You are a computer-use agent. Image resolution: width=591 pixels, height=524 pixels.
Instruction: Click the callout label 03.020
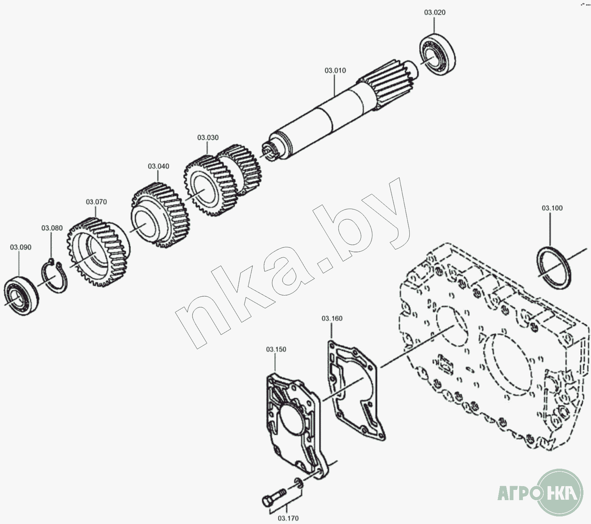click(434, 13)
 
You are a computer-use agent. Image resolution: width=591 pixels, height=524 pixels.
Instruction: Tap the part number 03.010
click(335, 70)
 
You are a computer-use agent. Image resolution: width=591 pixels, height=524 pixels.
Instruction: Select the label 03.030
click(208, 138)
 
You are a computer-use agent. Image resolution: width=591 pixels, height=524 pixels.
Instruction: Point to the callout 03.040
click(159, 166)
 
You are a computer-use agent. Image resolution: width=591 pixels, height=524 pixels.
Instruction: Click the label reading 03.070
click(96, 202)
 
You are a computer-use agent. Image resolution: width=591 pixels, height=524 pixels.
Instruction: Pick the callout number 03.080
click(52, 228)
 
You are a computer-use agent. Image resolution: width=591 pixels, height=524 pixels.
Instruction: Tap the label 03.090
click(20, 247)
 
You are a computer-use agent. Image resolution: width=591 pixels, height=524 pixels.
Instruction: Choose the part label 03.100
click(552, 208)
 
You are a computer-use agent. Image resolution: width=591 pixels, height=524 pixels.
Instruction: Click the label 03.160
click(332, 319)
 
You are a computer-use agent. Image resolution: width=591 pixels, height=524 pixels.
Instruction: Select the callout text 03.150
click(276, 349)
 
